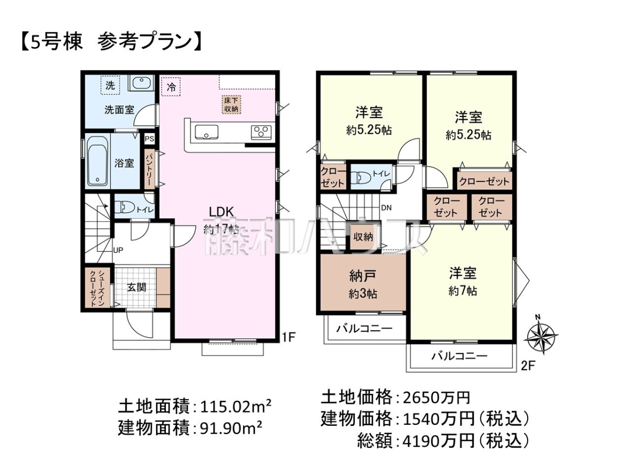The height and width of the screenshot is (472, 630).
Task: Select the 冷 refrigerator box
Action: coord(171,87)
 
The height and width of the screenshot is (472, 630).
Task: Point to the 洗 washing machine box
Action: coord(110,85)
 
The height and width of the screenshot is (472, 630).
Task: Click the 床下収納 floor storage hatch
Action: coord(231,104)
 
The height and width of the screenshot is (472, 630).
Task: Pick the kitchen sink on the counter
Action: coord(206,132)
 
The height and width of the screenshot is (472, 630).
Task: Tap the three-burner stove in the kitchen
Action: coord(261,133)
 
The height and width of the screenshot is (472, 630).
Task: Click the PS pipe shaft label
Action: coord(149,140)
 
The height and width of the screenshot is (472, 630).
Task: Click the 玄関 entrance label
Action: coord(136,287)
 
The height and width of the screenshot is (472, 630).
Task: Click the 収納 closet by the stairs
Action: coord(363,237)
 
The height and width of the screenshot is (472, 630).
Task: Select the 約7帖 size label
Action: coord(463,292)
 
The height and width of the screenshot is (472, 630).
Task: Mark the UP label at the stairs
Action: coord(118,250)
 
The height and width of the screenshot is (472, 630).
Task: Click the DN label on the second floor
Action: coord(386,208)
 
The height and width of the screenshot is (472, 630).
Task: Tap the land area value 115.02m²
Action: coord(235,406)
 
